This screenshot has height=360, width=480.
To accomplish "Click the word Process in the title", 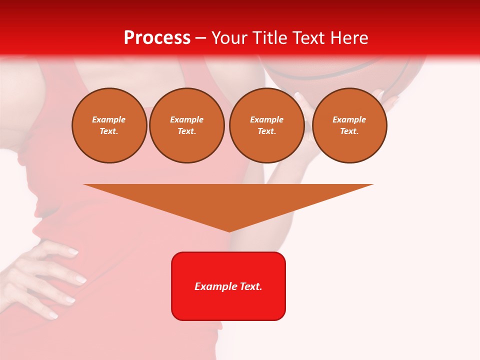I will tap(157, 38).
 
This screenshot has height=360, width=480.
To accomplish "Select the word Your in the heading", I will tap(228, 38).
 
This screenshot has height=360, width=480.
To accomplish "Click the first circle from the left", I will tap(109, 125).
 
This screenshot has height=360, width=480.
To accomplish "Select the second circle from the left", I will tap(187, 125).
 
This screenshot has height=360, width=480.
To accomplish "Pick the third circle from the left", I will tap(266, 125).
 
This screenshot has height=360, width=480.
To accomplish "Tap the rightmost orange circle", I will tap(349, 125).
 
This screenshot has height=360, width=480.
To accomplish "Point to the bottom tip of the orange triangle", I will tap(229, 231).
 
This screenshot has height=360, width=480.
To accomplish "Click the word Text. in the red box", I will tap(251, 286).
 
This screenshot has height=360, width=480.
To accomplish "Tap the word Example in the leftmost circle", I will tap(109, 119).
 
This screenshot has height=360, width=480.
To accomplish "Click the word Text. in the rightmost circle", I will tap(349, 131).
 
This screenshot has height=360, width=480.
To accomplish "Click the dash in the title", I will tap(201, 38).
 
